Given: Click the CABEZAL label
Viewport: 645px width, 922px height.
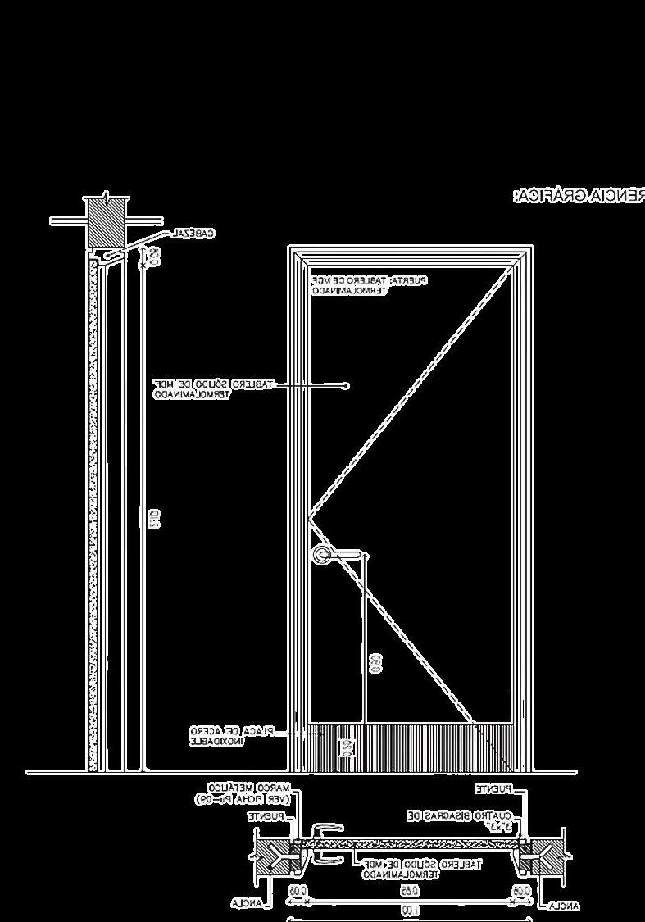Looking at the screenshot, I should (x=193, y=234).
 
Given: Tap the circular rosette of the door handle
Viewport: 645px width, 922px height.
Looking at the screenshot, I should (x=322, y=556).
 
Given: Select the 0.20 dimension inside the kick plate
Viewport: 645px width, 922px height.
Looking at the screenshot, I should (x=347, y=748).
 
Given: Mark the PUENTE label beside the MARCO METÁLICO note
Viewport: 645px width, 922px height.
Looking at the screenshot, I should (x=266, y=816).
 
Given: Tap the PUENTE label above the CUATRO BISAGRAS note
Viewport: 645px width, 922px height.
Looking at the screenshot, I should (x=496, y=788).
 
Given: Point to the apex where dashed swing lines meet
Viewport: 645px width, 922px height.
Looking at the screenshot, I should (x=309, y=517).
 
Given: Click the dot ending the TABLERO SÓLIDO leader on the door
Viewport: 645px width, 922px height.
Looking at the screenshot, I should (x=347, y=384).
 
